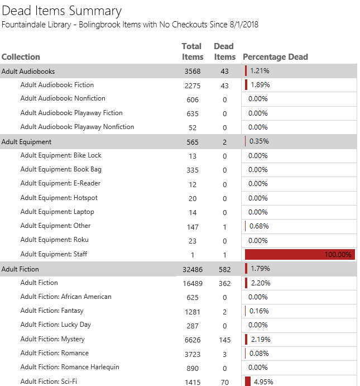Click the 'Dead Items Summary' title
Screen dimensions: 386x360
pos(62,11)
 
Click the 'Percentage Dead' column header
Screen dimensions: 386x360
pos(275,57)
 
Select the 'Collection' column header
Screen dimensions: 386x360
pos(21,57)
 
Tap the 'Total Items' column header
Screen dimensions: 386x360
pos(192,51)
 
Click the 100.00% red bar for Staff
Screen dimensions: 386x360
pos(299,255)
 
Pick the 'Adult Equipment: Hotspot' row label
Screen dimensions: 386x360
pos(59,198)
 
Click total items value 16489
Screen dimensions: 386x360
pos(193,283)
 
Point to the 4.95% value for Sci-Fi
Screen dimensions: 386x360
pos(262,382)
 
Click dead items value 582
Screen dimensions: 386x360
pos(224,269)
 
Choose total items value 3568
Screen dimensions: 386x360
pos(193,72)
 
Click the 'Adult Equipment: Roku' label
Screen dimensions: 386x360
pos(54,240)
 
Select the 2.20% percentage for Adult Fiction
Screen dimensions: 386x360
pos(260,283)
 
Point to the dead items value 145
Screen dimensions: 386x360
pos(224,340)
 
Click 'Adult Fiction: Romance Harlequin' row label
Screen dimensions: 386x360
pos(70,367)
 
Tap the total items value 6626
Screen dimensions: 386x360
pos(193,340)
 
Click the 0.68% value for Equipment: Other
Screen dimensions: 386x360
pos(260,226)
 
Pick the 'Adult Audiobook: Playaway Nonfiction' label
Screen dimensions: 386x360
pos(77,127)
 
